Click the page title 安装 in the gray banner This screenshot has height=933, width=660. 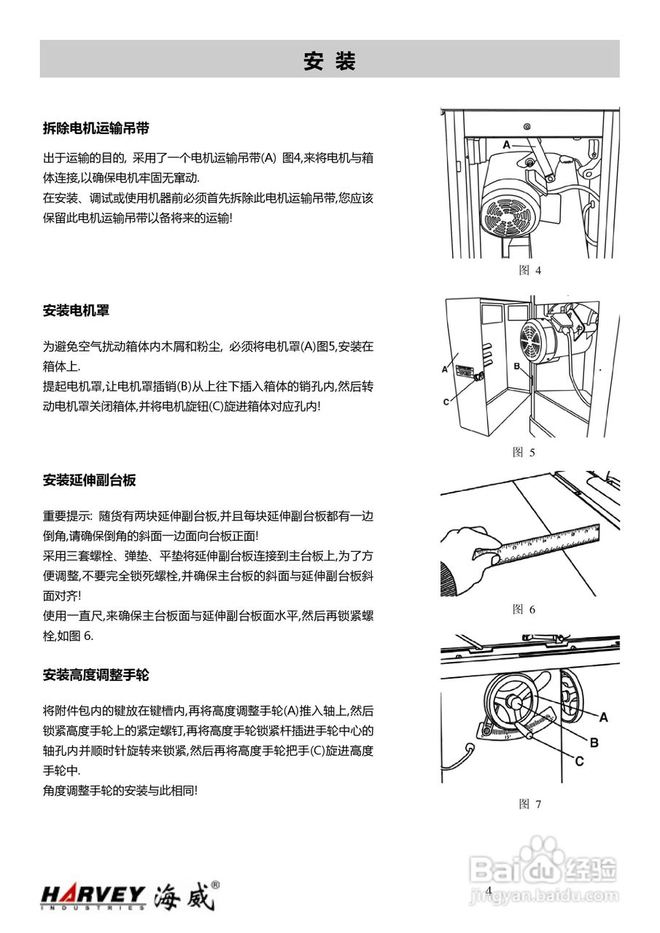[x=330, y=61]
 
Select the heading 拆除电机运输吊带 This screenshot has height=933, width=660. [x=96, y=128]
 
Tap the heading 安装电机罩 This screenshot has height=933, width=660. [x=76, y=311]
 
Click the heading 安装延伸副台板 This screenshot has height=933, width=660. [x=89, y=480]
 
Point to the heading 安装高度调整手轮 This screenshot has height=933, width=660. [x=96, y=674]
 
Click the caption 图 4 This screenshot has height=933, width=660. [x=529, y=270]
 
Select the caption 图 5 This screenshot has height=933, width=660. [x=524, y=452]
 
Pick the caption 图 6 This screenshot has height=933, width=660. [x=524, y=609]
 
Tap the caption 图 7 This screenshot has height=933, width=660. [x=529, y=804]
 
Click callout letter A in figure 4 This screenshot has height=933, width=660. [x=505, y=145]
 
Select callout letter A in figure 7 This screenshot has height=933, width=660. [x=604, y=717]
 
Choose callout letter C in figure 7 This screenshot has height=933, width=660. [x=578, y=761]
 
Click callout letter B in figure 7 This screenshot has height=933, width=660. [x=594, y=742]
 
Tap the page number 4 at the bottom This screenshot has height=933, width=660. [x=489, y=891]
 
